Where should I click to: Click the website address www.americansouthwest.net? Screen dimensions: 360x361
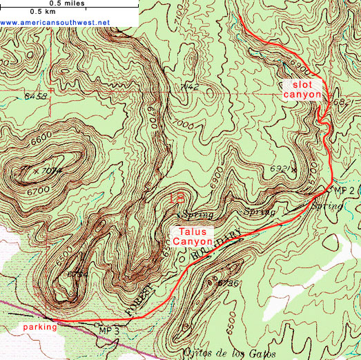pos(55,22)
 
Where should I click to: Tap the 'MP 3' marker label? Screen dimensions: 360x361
pos(109,331)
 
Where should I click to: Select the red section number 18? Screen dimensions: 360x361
pos(177,198)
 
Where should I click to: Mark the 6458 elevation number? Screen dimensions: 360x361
pos(35,96)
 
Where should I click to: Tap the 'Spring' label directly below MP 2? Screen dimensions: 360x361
pos(326,206)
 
